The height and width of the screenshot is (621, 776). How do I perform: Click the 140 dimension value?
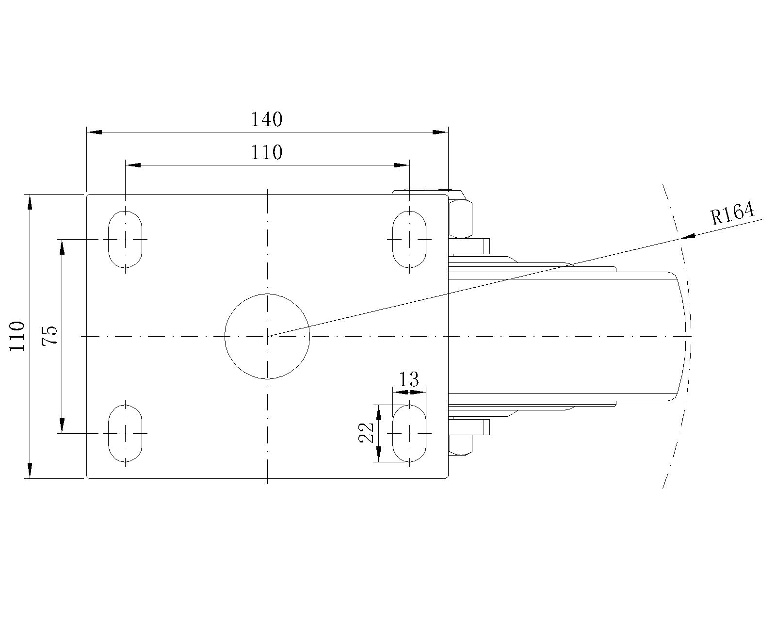pos(266,119)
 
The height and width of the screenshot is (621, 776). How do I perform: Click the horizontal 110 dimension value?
pos(266,153)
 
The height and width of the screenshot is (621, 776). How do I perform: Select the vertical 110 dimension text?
pos(17,336)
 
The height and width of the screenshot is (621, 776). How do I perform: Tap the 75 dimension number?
pos(49,336)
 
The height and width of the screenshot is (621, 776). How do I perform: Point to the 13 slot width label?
pos(408,379)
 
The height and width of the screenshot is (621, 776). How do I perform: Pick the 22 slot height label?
pos(366,433)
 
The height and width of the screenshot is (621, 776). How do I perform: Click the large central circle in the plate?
pos(267,336)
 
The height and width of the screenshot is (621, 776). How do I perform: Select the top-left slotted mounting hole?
pos(125,240)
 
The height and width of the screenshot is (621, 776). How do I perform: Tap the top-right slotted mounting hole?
pos(409,240)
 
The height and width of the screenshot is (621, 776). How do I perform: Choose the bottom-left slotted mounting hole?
pos(125,433)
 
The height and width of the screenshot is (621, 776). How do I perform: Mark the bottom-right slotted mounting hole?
pos(409,433)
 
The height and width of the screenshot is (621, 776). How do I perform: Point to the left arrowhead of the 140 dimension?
pos(94,132)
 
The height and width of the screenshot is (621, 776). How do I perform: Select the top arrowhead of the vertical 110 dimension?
pos(30,202)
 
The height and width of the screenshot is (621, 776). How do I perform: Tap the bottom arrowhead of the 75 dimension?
pos(62,425)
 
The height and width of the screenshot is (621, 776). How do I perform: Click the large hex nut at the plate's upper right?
pos(460,219)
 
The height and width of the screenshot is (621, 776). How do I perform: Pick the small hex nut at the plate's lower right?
pos(460,445)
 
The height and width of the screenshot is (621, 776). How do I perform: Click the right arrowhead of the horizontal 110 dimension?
pos(402,165)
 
